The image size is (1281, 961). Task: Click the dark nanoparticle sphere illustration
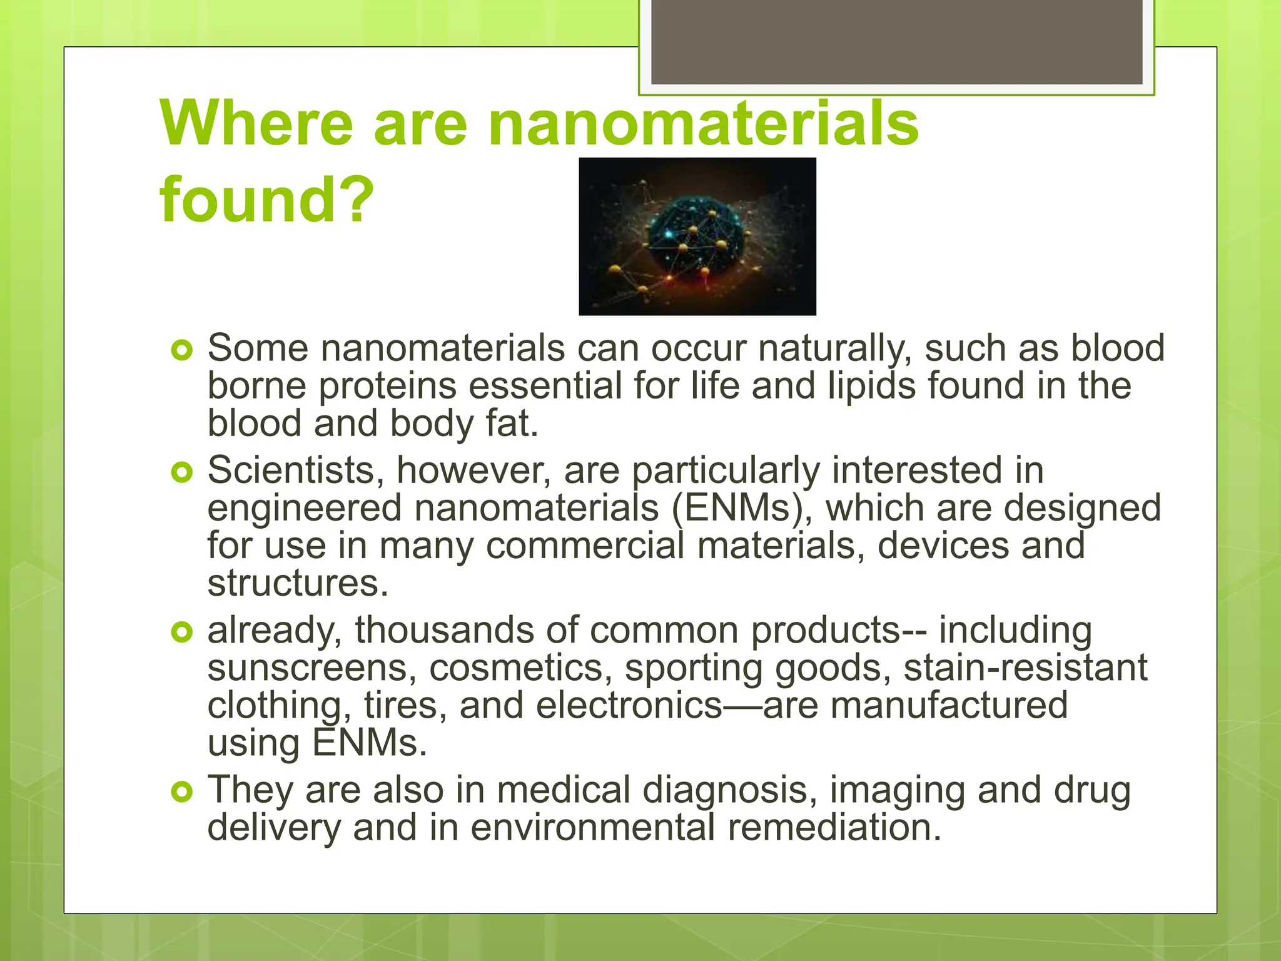tap(697, 236)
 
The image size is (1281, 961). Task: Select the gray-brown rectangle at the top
tap(896, 41)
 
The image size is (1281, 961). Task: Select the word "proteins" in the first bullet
tap(388, 386)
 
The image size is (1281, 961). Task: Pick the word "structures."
tap(298, 583)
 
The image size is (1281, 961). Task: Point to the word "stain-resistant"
tap(1025, 668)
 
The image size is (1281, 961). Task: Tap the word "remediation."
tap(834, 828)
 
